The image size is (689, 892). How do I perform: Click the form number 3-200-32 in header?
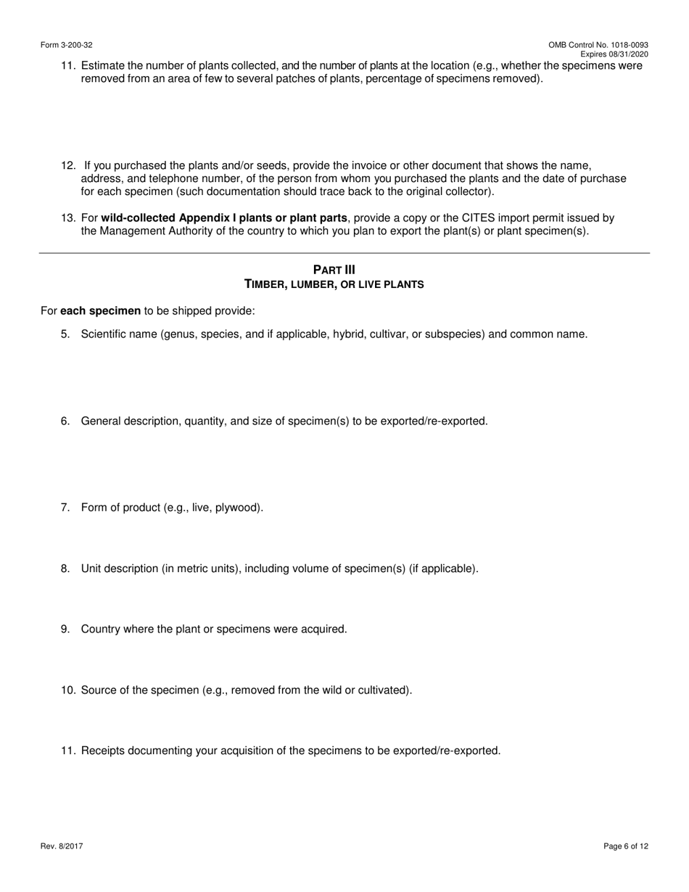click(x=67, y=45)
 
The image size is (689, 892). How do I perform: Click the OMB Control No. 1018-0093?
click(x=598, y=45)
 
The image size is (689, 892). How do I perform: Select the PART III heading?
click(x=334, y=270)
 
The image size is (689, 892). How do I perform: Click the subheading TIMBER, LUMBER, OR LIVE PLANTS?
click(x=334, y=284)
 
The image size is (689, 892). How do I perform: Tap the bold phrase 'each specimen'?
click(x=100, y=311)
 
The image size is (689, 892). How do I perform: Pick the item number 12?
click(x=68, y=165)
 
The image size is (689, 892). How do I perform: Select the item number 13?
click(x=68, y=218)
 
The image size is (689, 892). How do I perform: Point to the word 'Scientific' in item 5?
click(x=105, y=334)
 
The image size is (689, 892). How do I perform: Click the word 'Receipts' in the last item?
click(x=103, y=751)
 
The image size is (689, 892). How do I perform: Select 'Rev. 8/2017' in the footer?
click(x=62, y=846)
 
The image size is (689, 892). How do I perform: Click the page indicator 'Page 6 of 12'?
click(x=625, y=846)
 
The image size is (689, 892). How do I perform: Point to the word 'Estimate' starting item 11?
click(x=103, y=65)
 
